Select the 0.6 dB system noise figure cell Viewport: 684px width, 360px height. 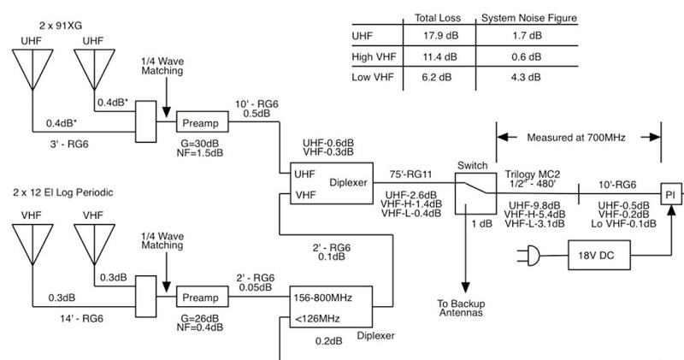click(x=524, y=58)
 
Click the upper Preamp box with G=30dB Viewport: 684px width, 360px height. click(x=203, y=121)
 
